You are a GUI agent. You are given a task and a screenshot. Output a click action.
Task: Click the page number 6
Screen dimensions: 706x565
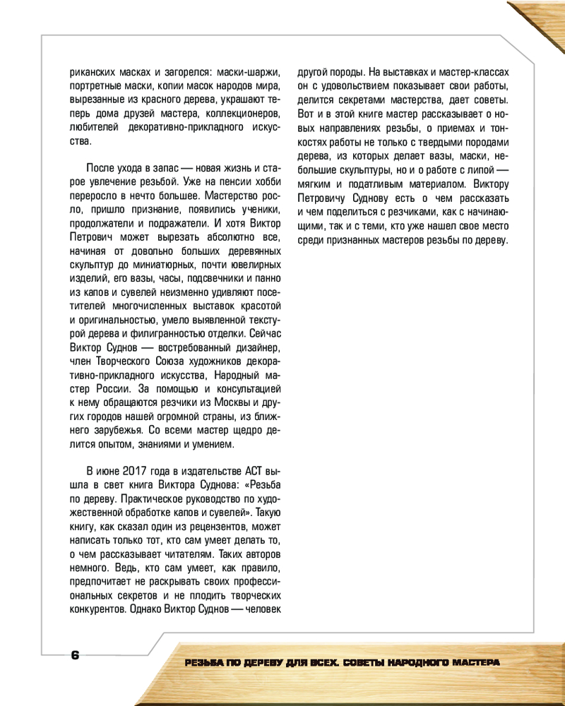75,654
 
